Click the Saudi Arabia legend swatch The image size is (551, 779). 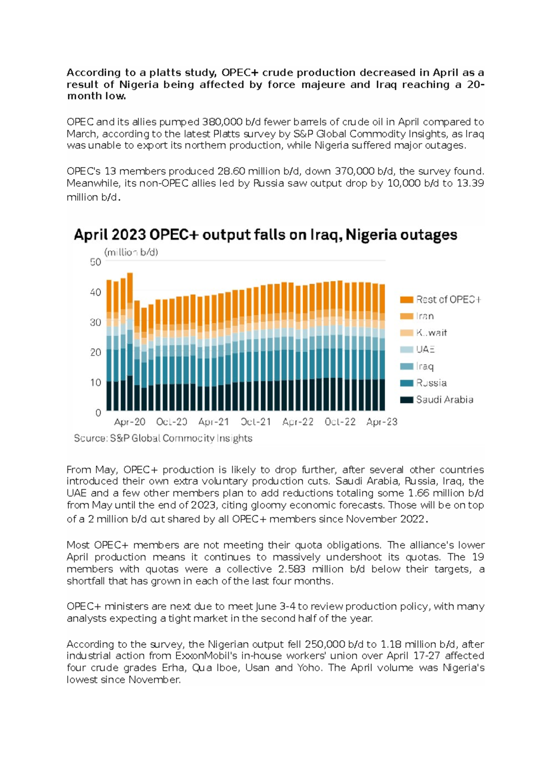(x=407, y=400)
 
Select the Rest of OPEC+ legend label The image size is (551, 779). (x=448, y=300)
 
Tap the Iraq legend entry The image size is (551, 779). (x=424, y=366)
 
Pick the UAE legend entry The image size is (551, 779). (x=425, y=350)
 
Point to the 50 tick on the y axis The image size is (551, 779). (x=96, y=262)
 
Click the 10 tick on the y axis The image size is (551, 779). (x=96, y=382)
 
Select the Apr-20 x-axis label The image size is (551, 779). (x=129, y=422)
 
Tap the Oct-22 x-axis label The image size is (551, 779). (x=340, y=422)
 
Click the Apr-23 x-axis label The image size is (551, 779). (x=382, y=422)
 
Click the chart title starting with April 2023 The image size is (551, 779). (x=265, y=235)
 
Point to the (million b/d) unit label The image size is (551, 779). (x=131, y=252)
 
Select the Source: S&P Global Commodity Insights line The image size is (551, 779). (x=163, y=438)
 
